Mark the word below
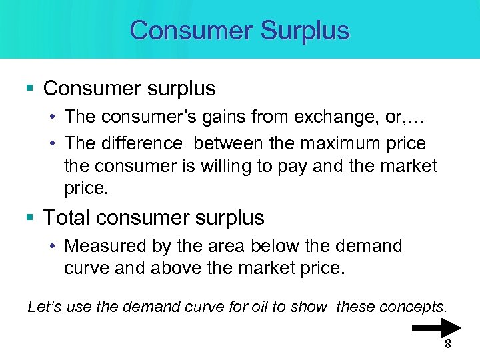(275, 246)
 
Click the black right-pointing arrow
(437, 328)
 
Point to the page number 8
(447, 345)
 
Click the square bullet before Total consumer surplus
(33, 218)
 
